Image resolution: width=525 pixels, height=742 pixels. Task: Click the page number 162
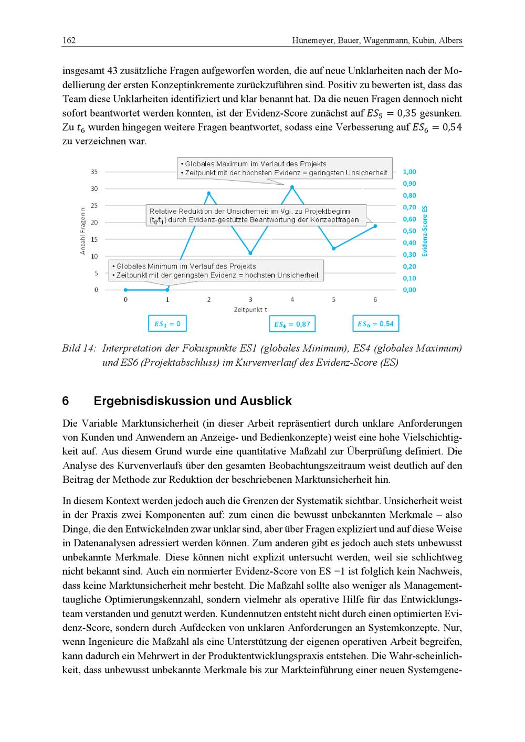click(69, 40)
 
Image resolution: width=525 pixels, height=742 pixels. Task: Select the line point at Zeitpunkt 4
click(292, 187)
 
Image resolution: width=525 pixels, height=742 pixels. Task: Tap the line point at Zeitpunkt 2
click(209, 193)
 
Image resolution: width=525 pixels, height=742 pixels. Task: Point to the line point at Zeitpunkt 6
click(375, 226)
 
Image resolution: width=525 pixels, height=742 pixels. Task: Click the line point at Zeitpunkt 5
click(334, 249)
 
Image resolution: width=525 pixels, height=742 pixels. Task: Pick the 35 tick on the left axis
click(94, 172)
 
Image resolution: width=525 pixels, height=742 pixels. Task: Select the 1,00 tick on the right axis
click(409, 172)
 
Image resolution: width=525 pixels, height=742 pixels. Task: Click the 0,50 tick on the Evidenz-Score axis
click(409, 231)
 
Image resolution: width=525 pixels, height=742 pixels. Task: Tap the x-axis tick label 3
click(250, 300)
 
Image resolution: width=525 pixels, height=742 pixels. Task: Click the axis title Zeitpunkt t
click(250, 310)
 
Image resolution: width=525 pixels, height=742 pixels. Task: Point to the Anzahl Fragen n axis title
click(82, 231)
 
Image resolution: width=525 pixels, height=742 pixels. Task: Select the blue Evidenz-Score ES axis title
click(425, 231)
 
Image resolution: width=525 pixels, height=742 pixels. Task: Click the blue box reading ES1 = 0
click(167, 324)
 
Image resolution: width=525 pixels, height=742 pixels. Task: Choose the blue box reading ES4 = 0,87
click(292, 324)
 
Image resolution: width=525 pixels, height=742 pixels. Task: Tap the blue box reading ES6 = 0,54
click(375, 324)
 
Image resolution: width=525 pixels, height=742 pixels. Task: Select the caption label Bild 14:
click(79, 348)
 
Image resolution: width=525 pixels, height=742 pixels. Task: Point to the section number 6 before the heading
click(66, 401)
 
